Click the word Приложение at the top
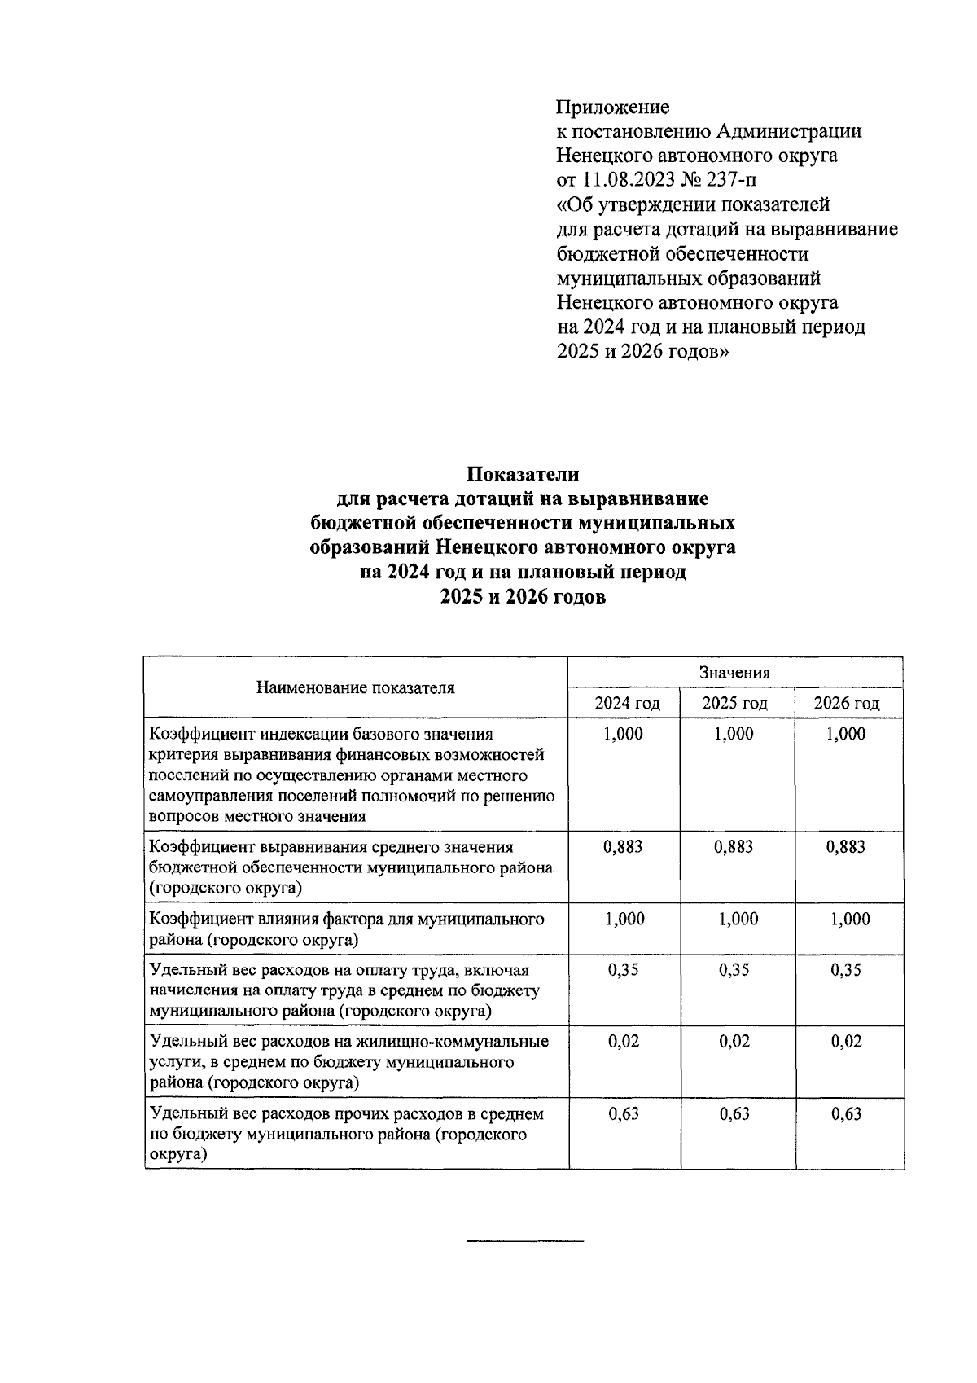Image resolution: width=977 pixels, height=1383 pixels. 612,107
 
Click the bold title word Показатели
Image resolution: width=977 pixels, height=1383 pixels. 523,474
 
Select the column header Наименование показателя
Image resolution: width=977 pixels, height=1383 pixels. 356,687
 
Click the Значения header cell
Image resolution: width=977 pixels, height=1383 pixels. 734,673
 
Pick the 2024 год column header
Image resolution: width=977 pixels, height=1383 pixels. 626,704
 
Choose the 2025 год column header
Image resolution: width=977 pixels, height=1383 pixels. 734,704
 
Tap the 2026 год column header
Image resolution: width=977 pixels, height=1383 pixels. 846,704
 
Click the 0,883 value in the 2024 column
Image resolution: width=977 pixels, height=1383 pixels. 623,847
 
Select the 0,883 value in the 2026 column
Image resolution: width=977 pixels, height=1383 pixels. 846,847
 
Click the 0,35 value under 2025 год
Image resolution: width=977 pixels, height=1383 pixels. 734,970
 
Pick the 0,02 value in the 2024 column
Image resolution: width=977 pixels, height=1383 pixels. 624,1042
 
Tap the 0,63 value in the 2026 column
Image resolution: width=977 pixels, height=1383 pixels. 846,1114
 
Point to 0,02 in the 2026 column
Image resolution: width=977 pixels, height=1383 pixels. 846,1042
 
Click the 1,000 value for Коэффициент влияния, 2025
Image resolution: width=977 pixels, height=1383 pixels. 738,920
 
